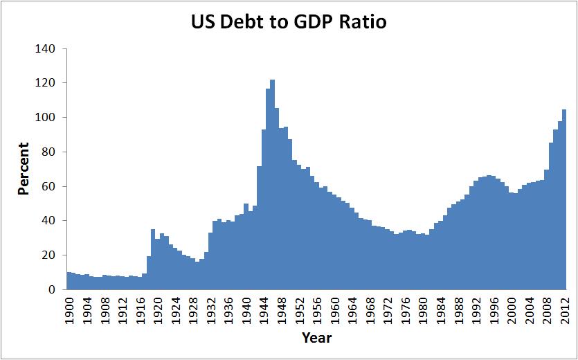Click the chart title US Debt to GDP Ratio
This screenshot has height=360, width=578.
tap(289, 22)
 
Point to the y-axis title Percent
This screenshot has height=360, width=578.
tap(24, 168)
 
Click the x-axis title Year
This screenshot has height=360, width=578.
tap(316, 339)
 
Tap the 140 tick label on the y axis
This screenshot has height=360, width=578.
tap(46, 49)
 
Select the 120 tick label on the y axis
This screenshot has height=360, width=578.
tap(46, 83)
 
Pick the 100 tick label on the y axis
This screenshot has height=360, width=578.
tap(46, 118)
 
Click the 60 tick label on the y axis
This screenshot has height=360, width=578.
tap(48, 186)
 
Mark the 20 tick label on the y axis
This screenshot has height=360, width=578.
tap(48, 255)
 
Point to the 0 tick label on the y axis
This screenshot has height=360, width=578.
tap(51, 290)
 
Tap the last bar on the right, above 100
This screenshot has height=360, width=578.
tap(564, 201)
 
